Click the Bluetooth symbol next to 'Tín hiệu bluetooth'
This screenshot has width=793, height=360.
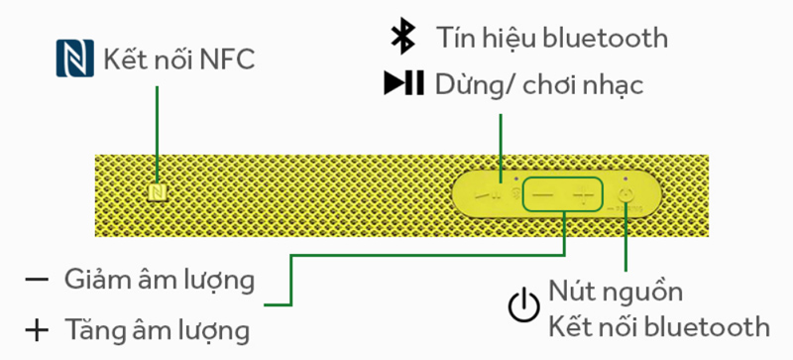coord(401,37)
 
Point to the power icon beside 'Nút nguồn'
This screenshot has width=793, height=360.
coord(524,309)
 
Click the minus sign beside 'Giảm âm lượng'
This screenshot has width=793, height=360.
coord(37,280)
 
